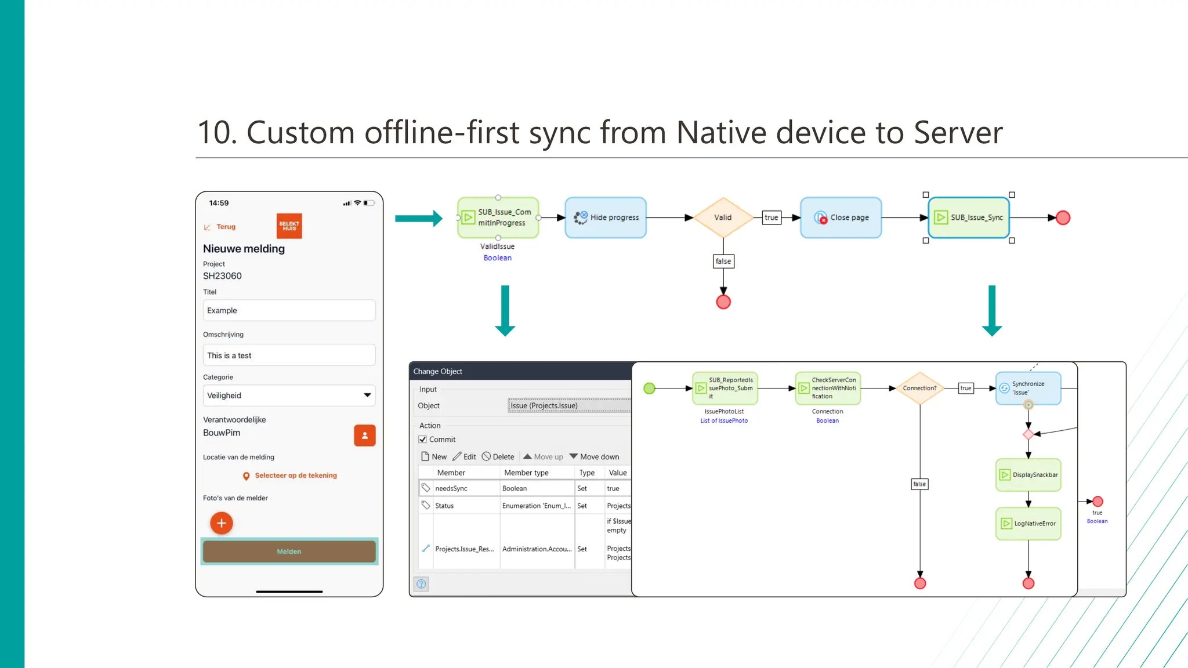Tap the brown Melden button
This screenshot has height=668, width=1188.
click(289, 551)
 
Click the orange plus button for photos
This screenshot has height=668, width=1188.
click(221, 523)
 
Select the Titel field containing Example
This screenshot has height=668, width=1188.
click(289, 310)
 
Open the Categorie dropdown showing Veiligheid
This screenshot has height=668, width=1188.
click(289, 395)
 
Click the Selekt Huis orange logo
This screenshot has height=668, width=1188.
click(289, 226)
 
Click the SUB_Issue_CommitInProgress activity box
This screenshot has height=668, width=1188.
click(498, 217)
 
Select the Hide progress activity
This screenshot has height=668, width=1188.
click(606, 217)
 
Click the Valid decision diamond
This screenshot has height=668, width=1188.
click(723, 217)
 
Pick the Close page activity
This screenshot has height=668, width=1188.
click(841, 217)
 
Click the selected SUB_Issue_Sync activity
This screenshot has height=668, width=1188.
click(969, 217)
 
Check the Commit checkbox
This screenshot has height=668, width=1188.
click(423, 440)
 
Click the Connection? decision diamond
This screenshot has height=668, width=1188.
click(919, 388)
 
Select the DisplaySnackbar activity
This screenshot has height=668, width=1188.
click(1028, 475)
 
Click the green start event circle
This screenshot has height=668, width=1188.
click(650, 388)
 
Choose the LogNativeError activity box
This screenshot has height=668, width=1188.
click(1028, 524)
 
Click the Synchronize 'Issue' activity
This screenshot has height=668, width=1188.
click(1028, 388)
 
